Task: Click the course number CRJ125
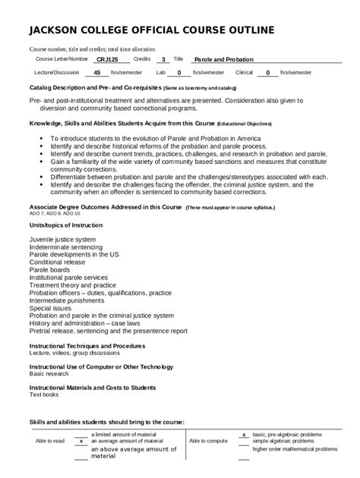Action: [x=107, y=58]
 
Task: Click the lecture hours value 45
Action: [x=96, y=73]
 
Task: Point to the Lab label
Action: [x=160, y=73]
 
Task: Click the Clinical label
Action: [x=244, y=73]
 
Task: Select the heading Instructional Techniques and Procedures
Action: [x=87, y=345]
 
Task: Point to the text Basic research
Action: [x=49, y=374]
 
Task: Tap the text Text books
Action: [x=44, y=395]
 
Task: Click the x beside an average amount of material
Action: [x=81, y=441]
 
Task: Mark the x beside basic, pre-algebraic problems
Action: [x=243, y=435]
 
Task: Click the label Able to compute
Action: [x=208, y=441]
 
